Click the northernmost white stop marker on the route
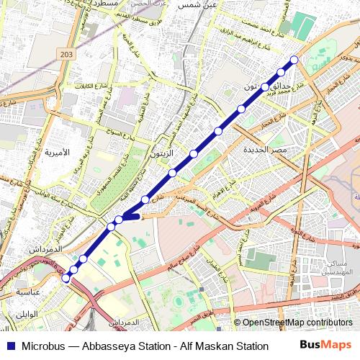pyautogui.click(x=294, y=60)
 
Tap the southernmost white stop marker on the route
pyautogui.click(x=66, y=278)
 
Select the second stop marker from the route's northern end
pyautogui.click(x=281, y=72)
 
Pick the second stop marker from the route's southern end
pyautogui.click(x=73, y=269)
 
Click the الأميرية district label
pyautogui.click(x=57, y=153)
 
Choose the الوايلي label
pyautogui.click(x=27, y=315)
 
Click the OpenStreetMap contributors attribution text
pyautogui.click(x=297, y=323)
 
